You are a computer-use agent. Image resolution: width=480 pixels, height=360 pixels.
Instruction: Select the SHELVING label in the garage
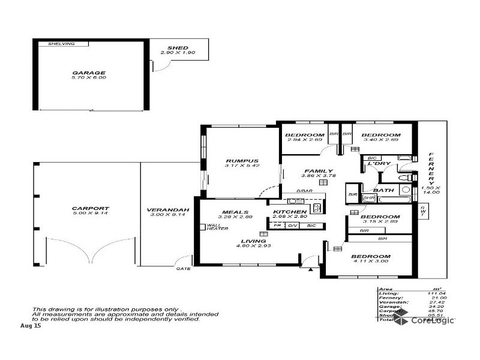click(x=61, y=43)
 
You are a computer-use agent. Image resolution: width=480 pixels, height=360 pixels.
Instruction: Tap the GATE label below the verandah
click(x=183, y=268)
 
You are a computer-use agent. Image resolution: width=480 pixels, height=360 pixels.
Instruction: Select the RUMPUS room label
click(x=242, y=161)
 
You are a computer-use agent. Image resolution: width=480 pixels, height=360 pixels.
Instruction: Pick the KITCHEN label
click(x=290, y=212)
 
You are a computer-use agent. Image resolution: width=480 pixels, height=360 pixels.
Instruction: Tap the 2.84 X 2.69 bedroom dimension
click(x=304, y=140)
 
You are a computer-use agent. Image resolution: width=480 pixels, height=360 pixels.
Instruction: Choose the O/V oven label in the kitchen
click(x=292, y=225)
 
